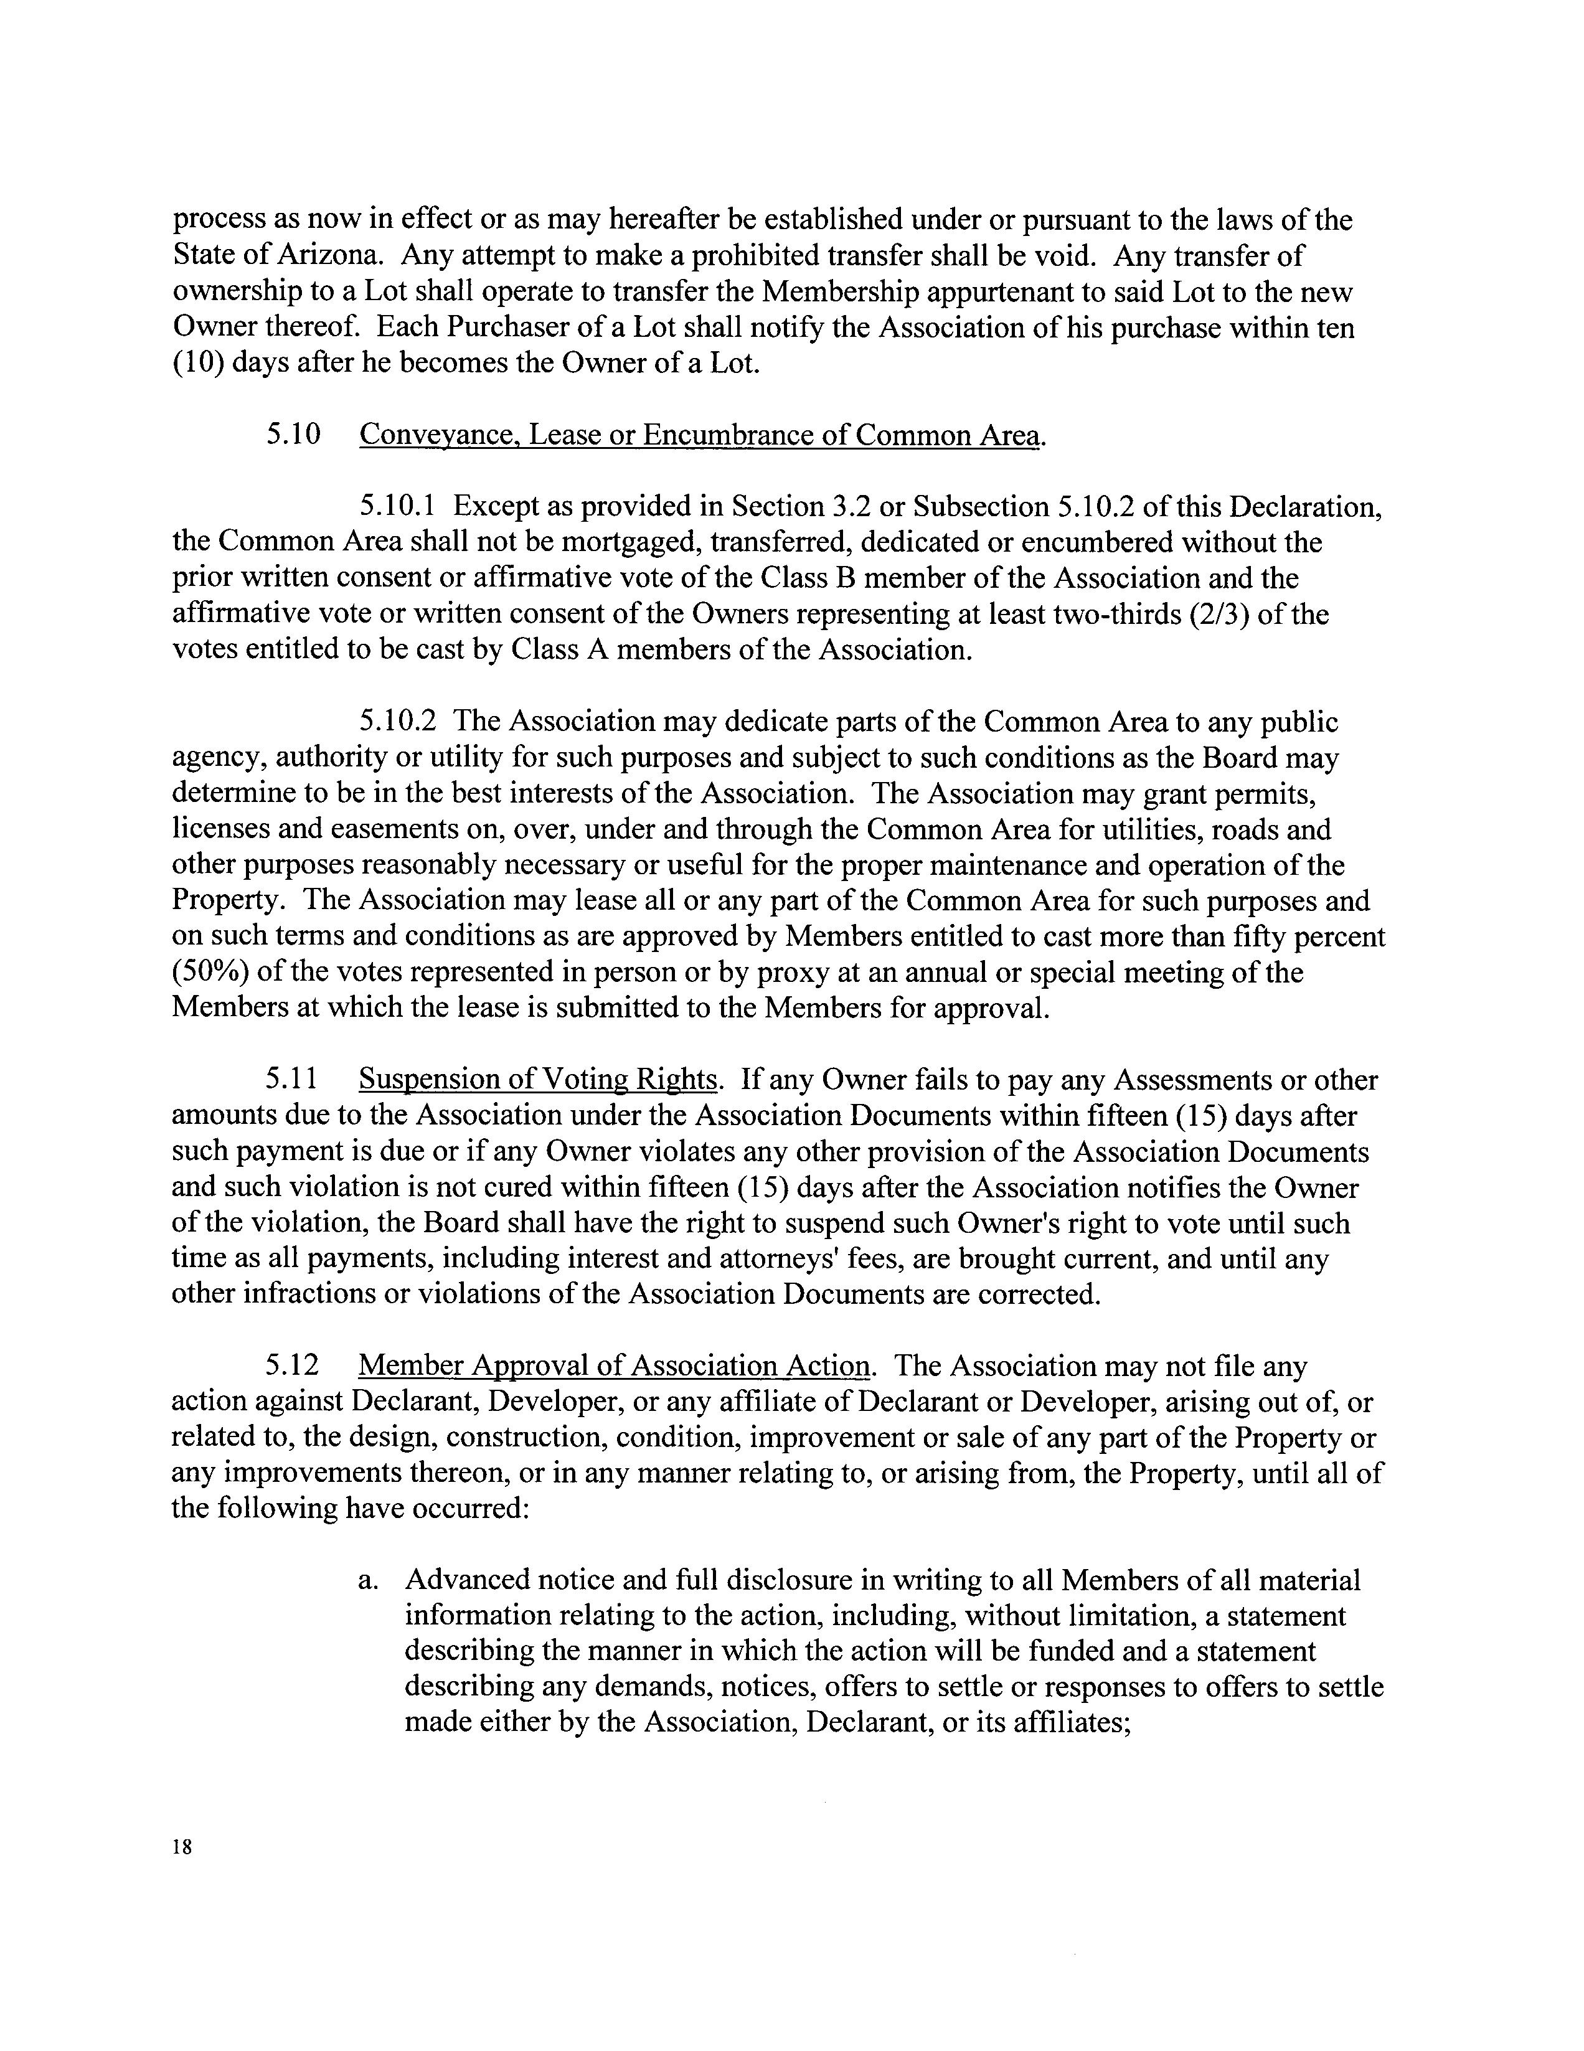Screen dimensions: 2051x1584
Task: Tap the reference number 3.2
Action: coord(852,506)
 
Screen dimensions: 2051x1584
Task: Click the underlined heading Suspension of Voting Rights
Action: coord(538,1079)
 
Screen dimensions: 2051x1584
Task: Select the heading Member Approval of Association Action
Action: coord(614,1365)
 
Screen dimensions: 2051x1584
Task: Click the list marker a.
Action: coord(367,1580)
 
